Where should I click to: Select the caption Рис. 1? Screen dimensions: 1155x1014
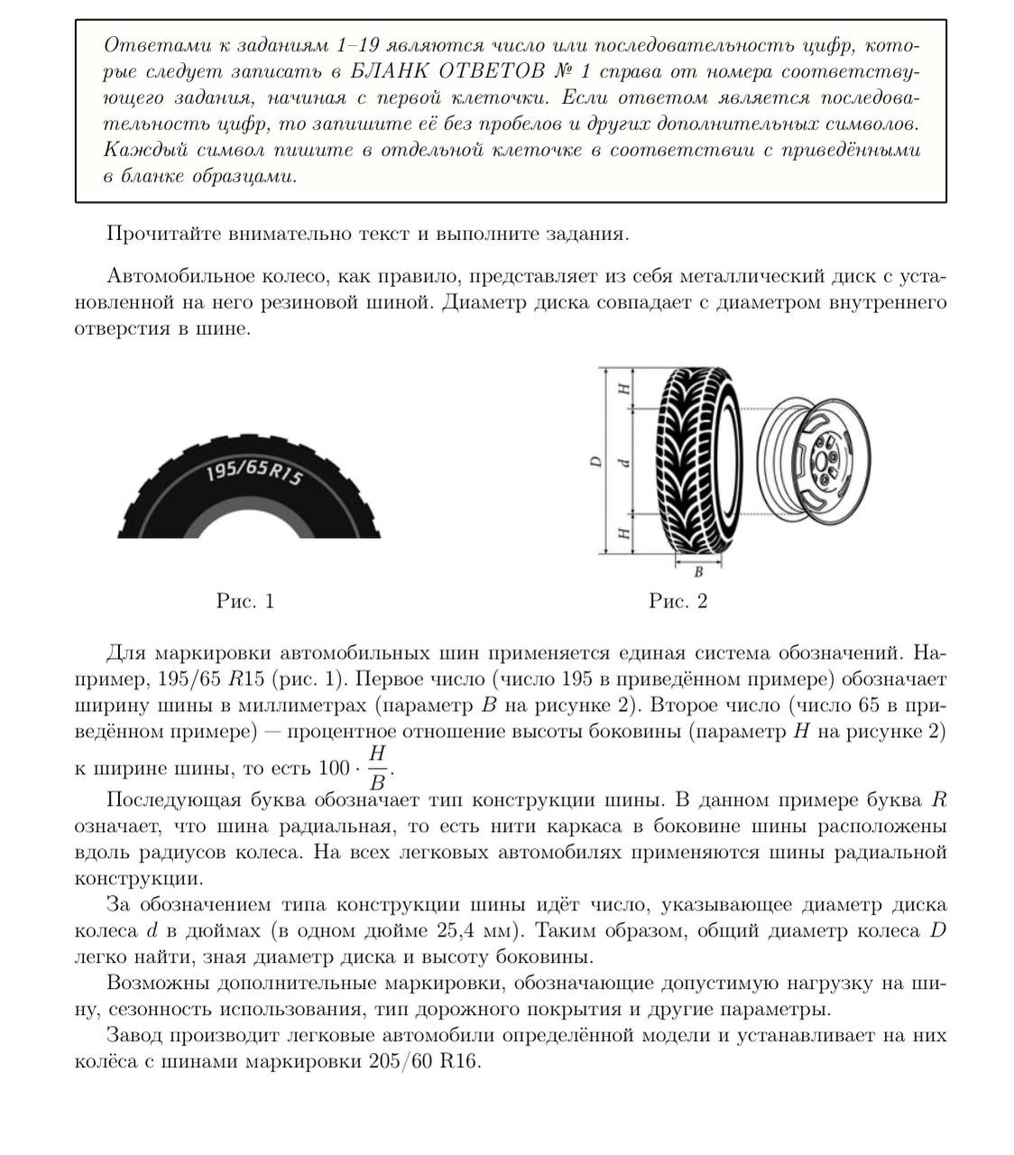click(244, 601)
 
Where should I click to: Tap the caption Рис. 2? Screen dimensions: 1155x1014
click(678, 601)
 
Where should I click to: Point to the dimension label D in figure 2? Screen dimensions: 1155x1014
click(595, 462)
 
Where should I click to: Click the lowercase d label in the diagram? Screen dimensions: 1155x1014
click(622, 463)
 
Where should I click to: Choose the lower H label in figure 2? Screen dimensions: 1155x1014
click(623, 533)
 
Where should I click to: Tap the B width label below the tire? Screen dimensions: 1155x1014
click(697, 571)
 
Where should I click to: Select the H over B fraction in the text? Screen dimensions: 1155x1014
click(378, 767)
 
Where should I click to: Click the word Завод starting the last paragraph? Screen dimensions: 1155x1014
click(135, 1035)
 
